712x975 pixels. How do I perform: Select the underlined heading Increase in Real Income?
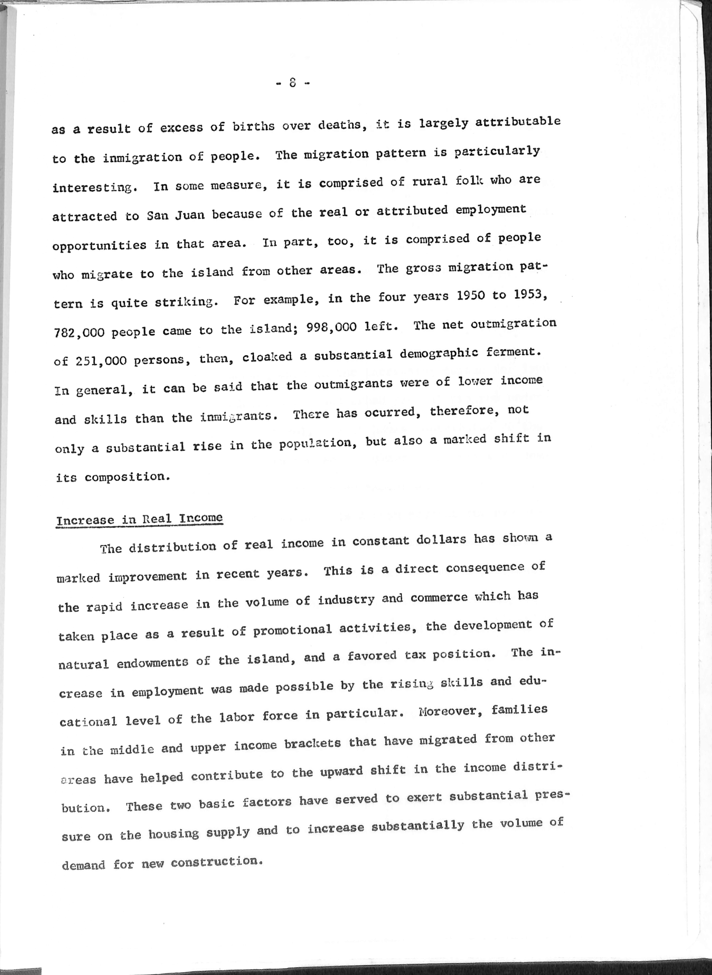[x=139, y=519]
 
